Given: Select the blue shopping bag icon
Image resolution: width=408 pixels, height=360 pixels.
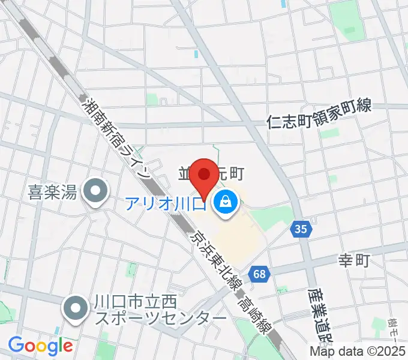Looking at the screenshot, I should pyautogui.click(x=225, y=202).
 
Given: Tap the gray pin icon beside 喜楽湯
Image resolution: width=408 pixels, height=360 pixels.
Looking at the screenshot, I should pyautogui.click(x=95, y=192).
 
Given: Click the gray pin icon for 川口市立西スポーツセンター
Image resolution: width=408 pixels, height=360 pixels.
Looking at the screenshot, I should pyautogui.click(x=76, y=309).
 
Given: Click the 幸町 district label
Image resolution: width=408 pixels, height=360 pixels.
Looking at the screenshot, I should pyautogui.click(x=355, y=260).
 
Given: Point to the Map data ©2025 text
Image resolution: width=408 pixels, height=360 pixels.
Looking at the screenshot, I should pyautogui.click(x=358, y=352).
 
